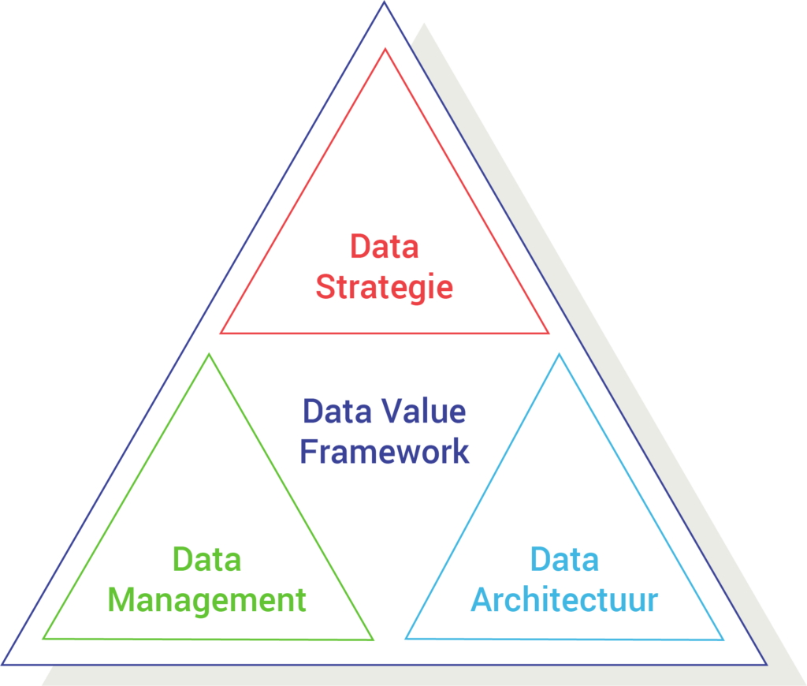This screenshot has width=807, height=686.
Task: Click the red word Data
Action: click(x=385, y=246)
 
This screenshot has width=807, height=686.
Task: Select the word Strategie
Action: click(x=385, y=287)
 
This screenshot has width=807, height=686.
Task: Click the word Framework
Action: click(x=385, y=452)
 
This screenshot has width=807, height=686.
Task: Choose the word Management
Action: click(x=207, y=601)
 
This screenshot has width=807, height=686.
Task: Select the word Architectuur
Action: click(x=564, y=600)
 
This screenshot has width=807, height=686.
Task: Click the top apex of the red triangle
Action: click(x=385, y=49)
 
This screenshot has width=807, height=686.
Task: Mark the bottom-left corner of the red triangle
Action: click(x=221, y=334)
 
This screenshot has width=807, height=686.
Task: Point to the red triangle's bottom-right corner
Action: click(x=549, y=334)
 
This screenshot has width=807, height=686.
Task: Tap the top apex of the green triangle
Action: click(x=208, y=354)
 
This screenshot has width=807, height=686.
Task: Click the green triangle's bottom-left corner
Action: click(x=43, y=639)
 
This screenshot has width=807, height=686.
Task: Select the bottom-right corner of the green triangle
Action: click(x=373, y=639)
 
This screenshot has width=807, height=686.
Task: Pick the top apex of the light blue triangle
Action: click(x=560, y=354)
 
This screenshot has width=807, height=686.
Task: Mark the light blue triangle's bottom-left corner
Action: click(x=406, y=639)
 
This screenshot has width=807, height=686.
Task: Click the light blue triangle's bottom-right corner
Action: click(x=723, y=639)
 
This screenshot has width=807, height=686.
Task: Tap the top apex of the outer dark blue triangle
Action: click(x=384, y=2)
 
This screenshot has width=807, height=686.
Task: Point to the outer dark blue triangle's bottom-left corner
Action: click(x=2, y=665)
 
